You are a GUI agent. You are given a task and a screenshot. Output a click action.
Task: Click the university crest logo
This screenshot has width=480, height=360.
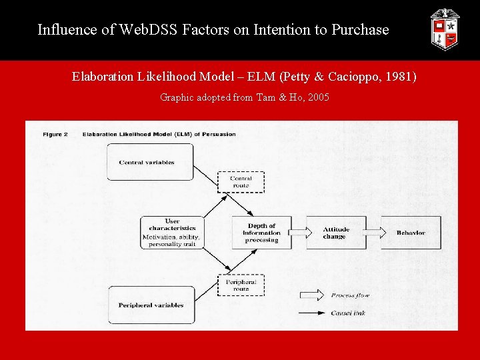point(445,30)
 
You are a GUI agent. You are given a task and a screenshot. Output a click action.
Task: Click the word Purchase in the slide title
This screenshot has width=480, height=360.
point(359,30)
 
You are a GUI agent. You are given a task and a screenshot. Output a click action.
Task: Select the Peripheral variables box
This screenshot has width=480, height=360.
point(151,305)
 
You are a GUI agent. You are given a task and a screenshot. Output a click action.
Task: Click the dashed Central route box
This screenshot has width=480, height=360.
point(241,181)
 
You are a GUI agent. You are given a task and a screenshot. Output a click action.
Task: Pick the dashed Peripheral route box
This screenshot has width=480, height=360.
point(241,285)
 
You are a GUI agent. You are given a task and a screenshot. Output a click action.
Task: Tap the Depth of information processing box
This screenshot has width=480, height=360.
point(261,233)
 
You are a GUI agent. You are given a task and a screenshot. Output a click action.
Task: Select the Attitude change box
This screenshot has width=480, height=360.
point(335,233)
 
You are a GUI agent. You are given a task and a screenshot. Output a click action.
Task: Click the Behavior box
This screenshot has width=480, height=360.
point(411,233)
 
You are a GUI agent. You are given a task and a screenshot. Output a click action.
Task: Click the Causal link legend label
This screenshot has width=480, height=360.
point(348,313)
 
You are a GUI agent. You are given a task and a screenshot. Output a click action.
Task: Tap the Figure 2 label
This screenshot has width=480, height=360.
point(55,134)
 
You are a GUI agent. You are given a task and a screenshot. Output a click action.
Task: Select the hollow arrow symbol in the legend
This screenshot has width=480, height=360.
point(310,295)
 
